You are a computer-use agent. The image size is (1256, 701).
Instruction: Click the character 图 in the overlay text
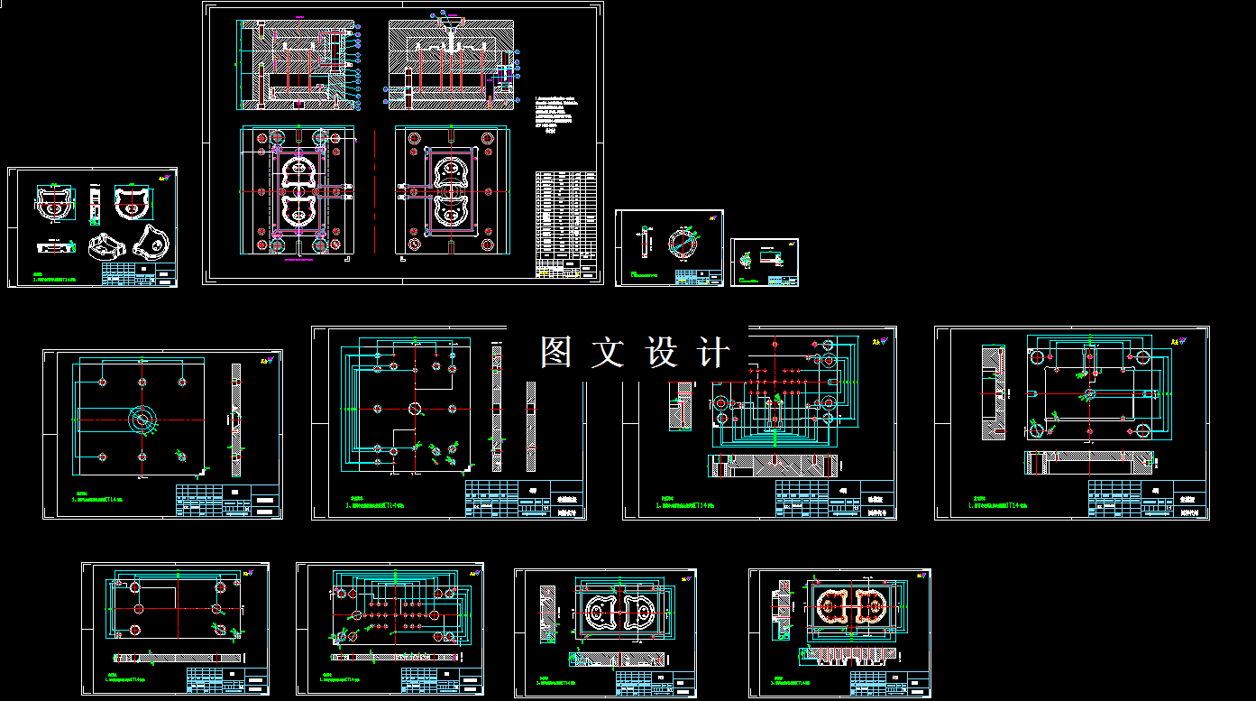556,352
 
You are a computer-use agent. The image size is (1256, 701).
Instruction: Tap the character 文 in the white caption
608,352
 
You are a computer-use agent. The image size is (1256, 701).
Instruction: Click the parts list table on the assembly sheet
565,224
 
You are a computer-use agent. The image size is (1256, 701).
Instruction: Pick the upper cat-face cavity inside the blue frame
450,170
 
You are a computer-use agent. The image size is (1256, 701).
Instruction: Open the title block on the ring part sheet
700,278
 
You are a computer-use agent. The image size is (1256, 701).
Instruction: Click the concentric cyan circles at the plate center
142,419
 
